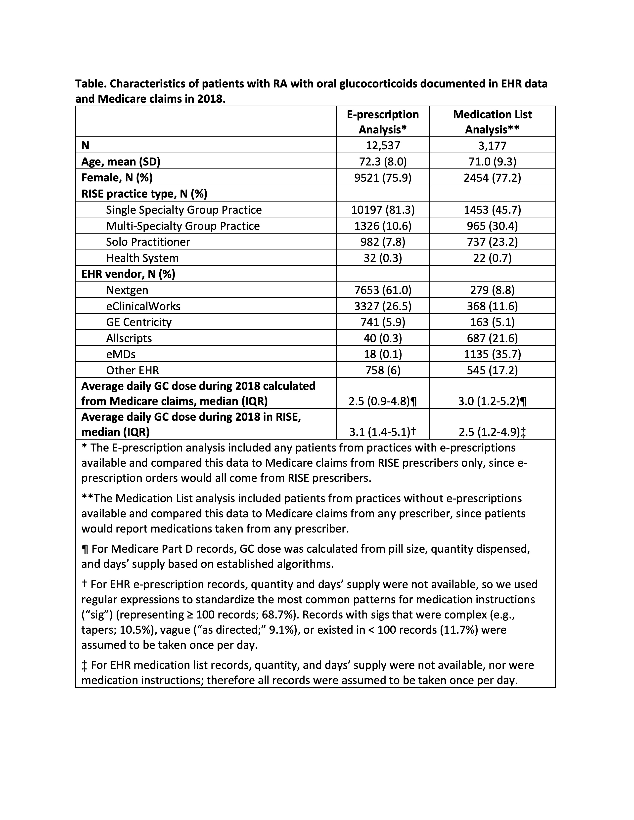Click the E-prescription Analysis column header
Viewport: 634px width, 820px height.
pos(382,122)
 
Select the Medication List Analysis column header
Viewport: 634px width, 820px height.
pos(492,122)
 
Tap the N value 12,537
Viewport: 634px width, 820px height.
pos(383,145)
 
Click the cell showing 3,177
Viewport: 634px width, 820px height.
pos(492,145)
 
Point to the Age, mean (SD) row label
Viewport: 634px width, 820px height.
pos(121,162)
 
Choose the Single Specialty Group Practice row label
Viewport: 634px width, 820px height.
pos(184,209)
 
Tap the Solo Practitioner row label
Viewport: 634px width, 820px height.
pos(148,242)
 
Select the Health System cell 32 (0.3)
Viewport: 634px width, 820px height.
pos(383,258)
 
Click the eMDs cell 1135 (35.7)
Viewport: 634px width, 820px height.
pos(492,354)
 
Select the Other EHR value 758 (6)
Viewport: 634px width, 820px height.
pos(383,370)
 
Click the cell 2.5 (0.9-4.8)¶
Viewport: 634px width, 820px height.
pos(383,401)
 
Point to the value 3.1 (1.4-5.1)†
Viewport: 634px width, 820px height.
pos(383,432)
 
